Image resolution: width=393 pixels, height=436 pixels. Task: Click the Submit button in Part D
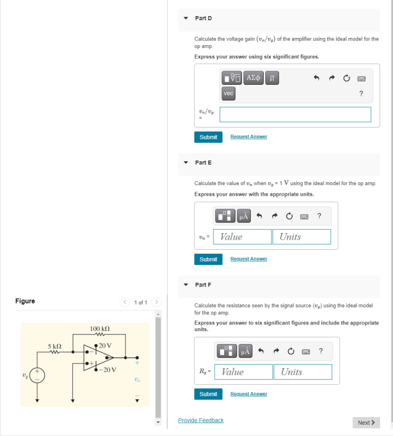pos(208,137)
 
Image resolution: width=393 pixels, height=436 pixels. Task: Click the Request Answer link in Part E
pos(248,259)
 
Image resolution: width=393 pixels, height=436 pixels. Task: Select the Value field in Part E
pos(242,237)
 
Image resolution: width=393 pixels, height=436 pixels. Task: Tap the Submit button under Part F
pos(208,394)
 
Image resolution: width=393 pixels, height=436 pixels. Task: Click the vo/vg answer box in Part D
pos(295,114)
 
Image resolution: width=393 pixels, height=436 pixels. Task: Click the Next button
pos(366,423)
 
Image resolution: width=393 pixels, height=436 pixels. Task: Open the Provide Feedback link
pos(201,420)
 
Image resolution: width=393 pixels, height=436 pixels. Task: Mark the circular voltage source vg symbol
pos(37,376)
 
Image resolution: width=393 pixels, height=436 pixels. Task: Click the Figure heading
pos(25,301)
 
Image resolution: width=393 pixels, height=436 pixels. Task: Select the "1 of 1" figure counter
pos(140,302)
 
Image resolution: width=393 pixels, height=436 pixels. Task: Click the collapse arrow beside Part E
pos(186,163)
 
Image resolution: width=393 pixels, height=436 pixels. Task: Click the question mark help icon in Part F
pos(321,351)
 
